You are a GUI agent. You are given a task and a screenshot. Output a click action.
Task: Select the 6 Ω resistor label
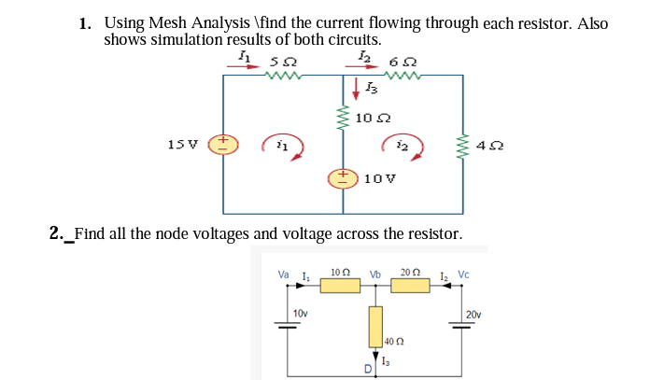pos(403,63)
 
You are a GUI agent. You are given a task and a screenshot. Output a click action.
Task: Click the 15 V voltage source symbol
pos(221,144)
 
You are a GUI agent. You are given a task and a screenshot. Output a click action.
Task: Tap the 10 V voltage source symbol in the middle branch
pos(341,176)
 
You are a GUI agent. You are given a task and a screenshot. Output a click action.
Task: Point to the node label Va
pos(284,274)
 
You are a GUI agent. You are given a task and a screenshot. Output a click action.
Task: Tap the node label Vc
pos(464,274)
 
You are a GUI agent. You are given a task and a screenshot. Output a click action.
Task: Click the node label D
pos(368,372)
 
